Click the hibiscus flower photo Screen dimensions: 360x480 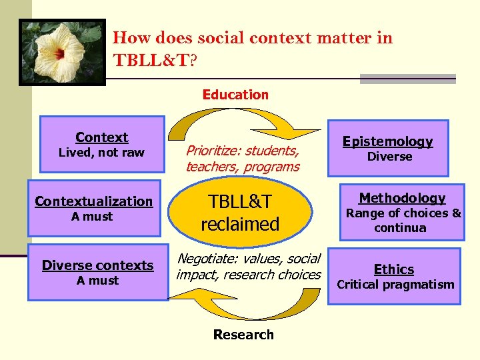63,51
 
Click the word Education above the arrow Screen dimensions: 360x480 235,95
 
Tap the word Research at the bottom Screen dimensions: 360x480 243,335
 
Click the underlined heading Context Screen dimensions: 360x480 101,137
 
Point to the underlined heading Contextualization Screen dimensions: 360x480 93,201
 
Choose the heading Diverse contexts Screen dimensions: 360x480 97,265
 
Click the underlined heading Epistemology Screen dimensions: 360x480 387,141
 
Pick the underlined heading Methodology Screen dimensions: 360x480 402,198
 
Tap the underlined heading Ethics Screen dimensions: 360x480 393,269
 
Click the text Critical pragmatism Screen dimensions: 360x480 395,285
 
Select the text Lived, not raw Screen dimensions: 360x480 101,153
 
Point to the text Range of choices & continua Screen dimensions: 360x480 403,221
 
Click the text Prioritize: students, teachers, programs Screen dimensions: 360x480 243,159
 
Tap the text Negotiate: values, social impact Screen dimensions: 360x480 248,266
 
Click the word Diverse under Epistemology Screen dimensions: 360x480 390,157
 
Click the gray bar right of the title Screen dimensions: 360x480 407,79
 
